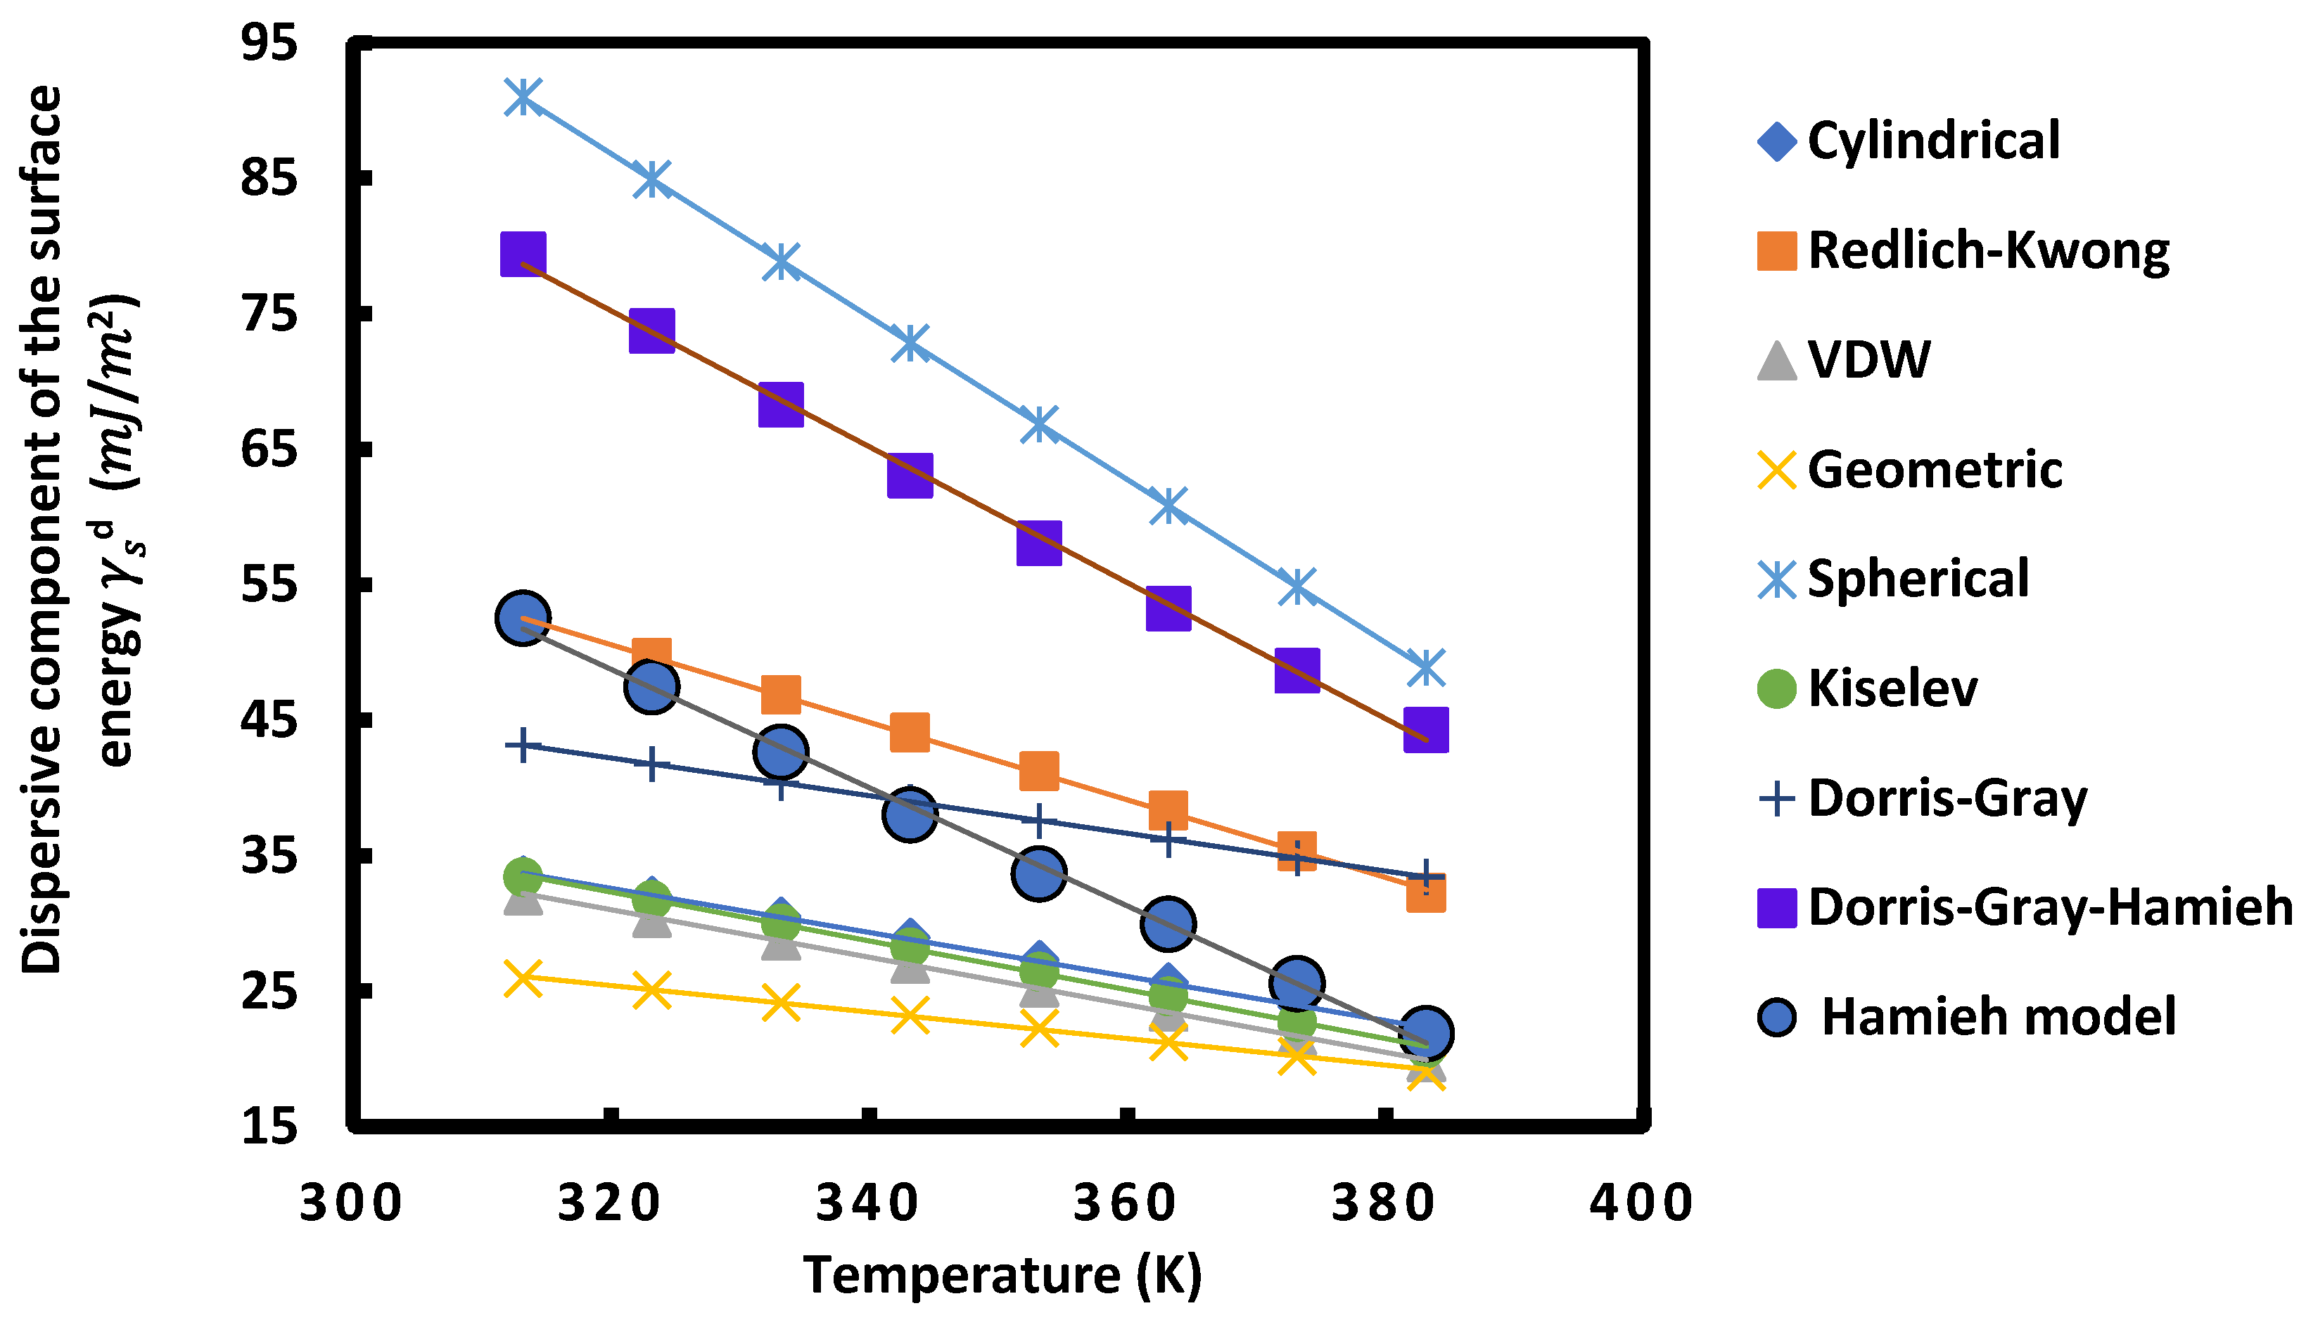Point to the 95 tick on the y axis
coord(269,44)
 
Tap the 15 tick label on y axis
coord(269,1127)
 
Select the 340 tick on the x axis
coord(868,1203)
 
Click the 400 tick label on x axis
coord(1641,1203)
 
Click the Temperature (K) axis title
coord(1002,1276)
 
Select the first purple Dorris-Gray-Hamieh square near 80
coord(522,253)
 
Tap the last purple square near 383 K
coord(1425,731)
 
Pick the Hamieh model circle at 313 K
coord(522,618)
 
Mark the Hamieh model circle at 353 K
coord(1038,873)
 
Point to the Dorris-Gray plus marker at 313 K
coord(522,746)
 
